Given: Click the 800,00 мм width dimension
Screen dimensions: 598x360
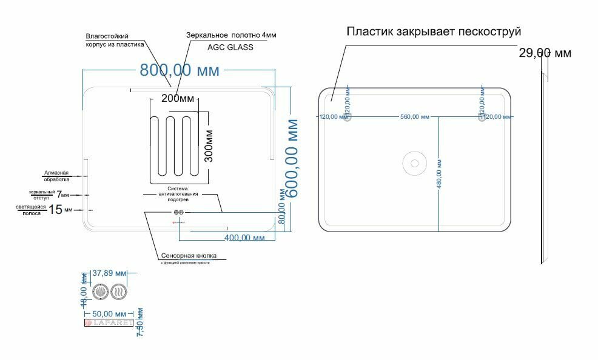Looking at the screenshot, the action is pos(180,70).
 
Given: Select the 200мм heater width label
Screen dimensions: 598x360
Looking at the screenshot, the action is pos(178,98).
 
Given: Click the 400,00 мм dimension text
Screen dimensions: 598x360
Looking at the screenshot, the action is pos(244,238).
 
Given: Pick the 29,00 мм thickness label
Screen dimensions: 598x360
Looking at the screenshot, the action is pos(545,53).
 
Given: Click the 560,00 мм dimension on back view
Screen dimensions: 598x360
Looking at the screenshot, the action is pos(414,118).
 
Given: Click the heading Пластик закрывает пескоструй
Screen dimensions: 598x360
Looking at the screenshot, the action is pos(434,32).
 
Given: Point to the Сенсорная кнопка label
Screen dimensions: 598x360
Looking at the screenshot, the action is pos(189,255).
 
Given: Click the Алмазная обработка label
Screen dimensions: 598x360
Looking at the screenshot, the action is pos(56,176).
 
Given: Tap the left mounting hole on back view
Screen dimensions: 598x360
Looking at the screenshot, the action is pos(348,118).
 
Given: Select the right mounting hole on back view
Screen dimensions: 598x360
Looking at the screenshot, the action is pos(482,118).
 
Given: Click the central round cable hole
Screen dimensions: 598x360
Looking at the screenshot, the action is pos(415,162).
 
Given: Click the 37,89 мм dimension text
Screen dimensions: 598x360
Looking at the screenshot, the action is pos(109,273).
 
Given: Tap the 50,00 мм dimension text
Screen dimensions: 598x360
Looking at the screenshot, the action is pos(109,314).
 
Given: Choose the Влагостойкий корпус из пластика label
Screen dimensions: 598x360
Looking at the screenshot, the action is pos(115,40).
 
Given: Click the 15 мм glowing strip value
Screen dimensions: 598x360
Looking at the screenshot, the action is pos(59,210).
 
